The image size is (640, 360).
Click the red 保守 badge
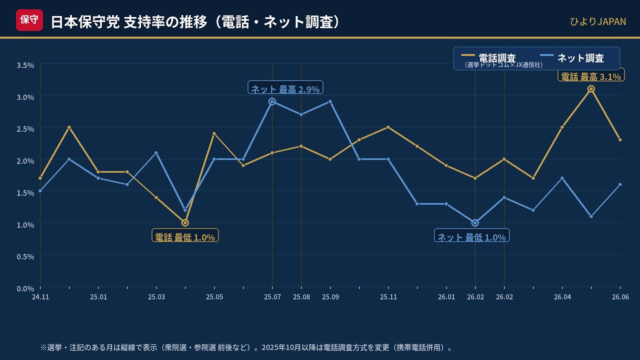coord(29,20)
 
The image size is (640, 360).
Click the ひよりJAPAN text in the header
coord(597,21)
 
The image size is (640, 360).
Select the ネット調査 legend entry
coord(571,58)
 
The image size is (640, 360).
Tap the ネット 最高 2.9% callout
coord(285,87)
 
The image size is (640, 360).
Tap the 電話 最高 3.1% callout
coord(591,75)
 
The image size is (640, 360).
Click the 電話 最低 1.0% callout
coord(185,235)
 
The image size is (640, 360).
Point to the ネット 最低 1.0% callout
coord(471,235)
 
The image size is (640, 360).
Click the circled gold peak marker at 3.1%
coord(591,89)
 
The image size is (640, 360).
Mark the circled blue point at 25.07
coord(272,101)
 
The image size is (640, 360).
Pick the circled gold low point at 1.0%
coord(185,223)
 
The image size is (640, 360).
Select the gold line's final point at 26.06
coord(620,139)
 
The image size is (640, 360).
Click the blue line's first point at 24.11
coord(40,191)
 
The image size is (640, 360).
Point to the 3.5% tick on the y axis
coord(25,65)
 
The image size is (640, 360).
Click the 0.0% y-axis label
coord(25,288)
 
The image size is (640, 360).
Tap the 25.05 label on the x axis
coord(214,297)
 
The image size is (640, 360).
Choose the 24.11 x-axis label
coord(40,297)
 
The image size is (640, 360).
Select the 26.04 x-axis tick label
coord(562,297)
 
